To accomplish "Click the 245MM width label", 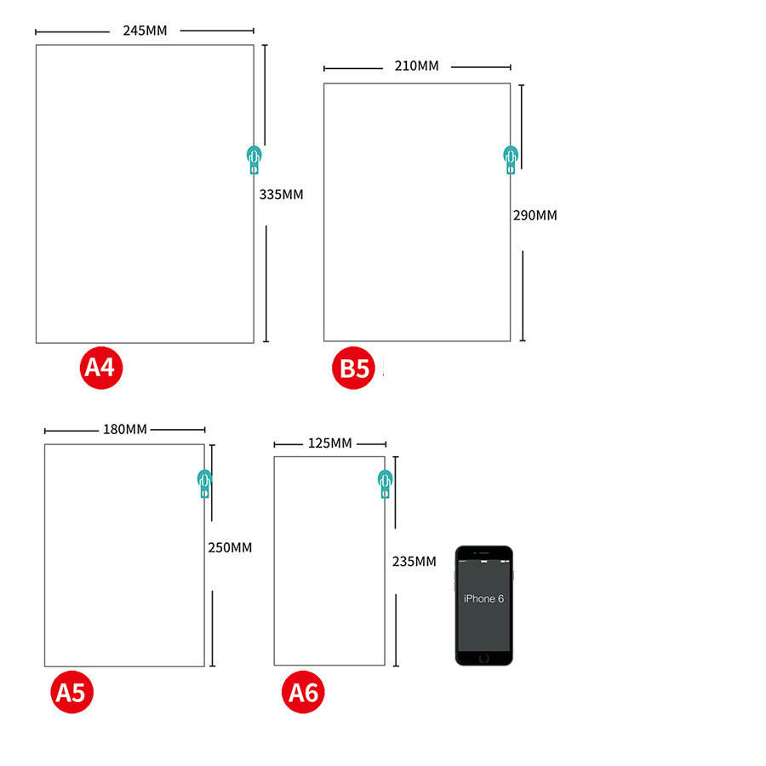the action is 145,31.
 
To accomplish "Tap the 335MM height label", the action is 281,194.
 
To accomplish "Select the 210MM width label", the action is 416,66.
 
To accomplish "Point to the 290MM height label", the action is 534,215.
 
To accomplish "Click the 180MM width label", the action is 125,428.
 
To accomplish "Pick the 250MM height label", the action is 230,547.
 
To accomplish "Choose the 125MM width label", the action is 329,443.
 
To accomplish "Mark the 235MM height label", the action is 414,561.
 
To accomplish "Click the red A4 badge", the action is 102,367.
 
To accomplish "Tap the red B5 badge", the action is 353,369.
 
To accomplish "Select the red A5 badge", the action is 71,692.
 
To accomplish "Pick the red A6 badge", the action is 303,693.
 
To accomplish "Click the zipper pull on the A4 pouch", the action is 254,158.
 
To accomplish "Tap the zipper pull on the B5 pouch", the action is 510,158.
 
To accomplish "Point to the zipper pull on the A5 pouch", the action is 204,483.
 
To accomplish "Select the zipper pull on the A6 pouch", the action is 386,483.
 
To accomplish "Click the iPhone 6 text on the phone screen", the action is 483,598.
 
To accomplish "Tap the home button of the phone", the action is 483,657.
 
